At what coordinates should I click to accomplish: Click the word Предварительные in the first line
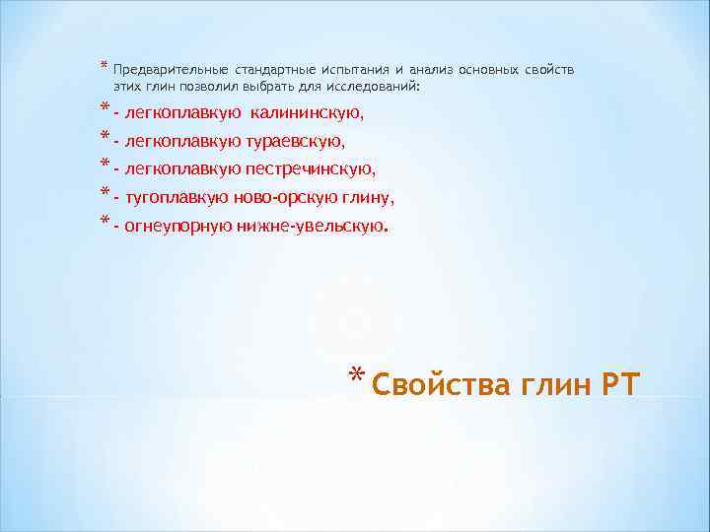(x=171, y=71)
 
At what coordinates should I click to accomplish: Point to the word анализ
(x=436, y=71)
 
